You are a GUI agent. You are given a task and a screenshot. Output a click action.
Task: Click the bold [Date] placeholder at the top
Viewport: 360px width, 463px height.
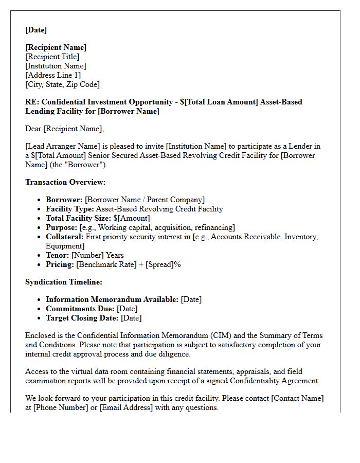(36, 30)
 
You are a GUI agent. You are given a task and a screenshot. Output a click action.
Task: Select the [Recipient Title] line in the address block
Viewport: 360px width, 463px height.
(52, 57)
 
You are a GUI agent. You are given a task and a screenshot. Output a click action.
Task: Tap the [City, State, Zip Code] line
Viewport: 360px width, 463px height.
(62, 84)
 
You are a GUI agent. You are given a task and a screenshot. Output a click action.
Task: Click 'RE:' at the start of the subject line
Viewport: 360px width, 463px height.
(32, 102)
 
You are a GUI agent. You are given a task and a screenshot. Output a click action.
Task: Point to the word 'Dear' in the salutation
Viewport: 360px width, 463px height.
(34, 129)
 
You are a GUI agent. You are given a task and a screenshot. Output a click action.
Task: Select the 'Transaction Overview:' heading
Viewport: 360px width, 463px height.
(65, 182)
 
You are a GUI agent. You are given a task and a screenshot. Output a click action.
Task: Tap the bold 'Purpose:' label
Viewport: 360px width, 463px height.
(61, 227)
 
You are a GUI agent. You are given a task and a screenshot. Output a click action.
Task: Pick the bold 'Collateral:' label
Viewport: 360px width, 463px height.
(64, 237)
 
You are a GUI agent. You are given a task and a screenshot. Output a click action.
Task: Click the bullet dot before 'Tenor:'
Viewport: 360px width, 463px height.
(40, 256)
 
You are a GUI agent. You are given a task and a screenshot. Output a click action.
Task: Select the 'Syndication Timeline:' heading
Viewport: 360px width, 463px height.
(64, 282)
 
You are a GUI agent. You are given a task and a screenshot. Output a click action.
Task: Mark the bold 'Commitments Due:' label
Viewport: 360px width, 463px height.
(80, 309)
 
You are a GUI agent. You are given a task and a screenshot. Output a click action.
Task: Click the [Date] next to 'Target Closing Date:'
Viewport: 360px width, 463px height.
(131, 318)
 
